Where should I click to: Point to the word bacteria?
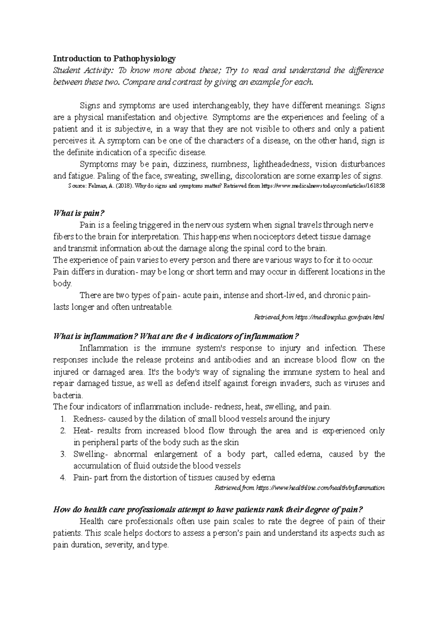click(68, 395)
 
